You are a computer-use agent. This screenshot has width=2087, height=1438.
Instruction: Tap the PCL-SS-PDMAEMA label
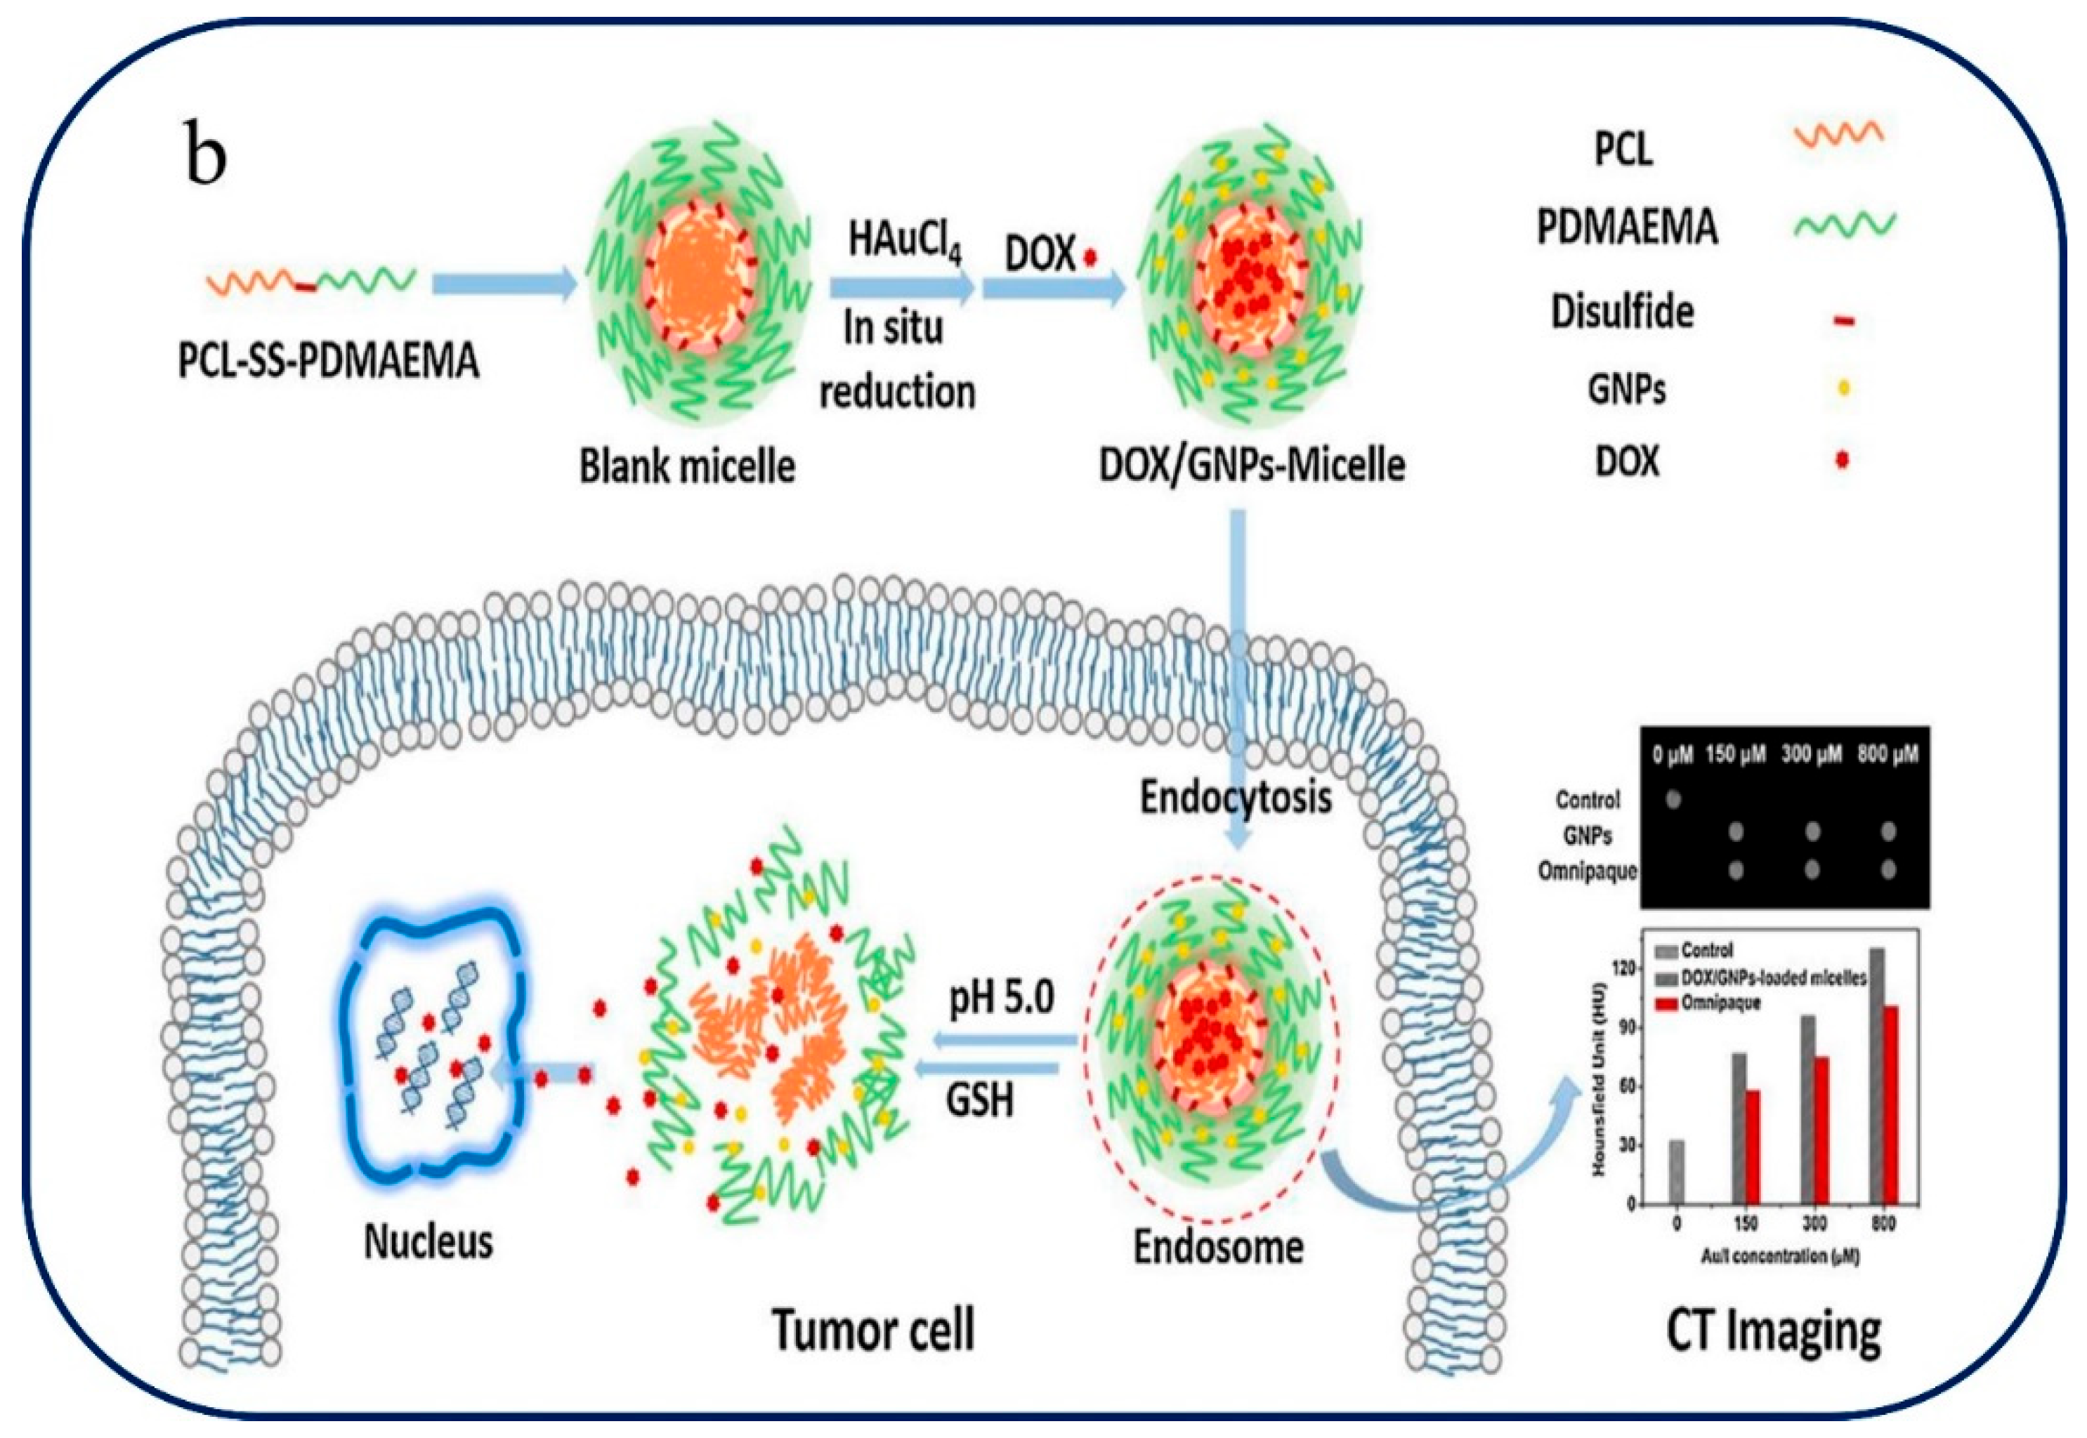tap(329, 362)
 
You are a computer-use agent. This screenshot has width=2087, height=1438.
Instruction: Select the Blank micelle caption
tap(687, 467)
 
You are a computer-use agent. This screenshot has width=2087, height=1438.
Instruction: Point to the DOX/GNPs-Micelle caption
tap(1252, 465)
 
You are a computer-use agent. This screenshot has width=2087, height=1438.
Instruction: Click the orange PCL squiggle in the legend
tap(1838, 135)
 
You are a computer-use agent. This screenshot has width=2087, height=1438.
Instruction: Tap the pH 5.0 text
tap(1001, 998)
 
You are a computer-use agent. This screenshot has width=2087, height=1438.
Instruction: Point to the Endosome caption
tap(1217, 1247)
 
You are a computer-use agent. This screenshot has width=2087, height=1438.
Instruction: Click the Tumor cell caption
tap(873, 1330)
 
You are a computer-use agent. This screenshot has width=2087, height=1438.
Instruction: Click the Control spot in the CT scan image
tap(1673, 798)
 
